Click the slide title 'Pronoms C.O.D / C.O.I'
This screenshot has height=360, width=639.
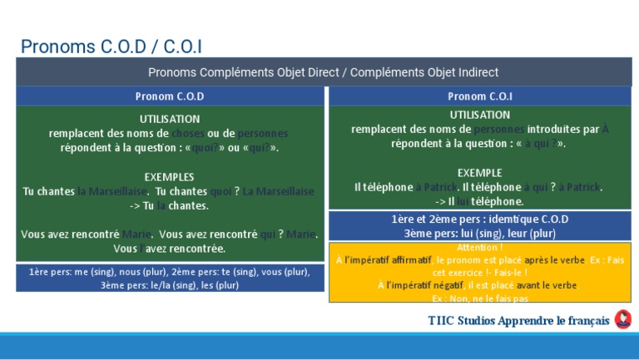tap(111, 47)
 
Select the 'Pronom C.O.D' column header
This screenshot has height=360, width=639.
tap(170, 96)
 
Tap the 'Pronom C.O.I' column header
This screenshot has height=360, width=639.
tap(480, 96)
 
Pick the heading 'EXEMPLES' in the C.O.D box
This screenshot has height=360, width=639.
tap(169, 177)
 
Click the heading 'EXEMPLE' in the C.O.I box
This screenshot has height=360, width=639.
tap(479, 173)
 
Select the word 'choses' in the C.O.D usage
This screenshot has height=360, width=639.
tap(187, 134)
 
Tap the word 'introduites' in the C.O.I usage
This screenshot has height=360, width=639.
tap(554, 129)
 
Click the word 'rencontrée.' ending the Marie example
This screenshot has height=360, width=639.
tap(197, 249)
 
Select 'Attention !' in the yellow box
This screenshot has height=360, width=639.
tap(480, 248)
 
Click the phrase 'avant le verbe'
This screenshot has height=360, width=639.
tap(547, 285)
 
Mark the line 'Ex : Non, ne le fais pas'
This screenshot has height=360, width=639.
tap(480, 298)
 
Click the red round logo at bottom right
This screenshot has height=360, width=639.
tap(622, 320)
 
